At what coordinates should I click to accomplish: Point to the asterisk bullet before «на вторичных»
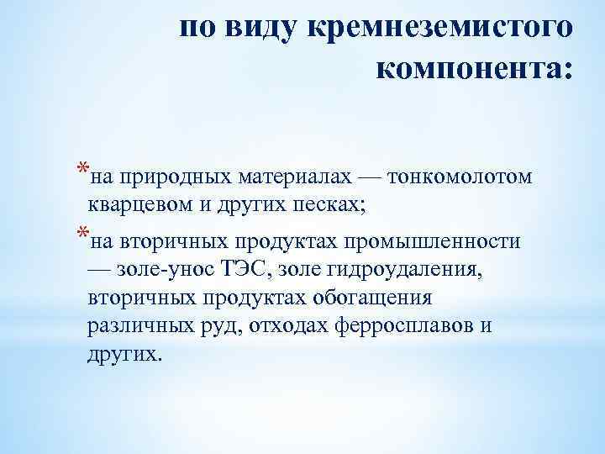point(80,234)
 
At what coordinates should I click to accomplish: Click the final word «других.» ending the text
point(122,354)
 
